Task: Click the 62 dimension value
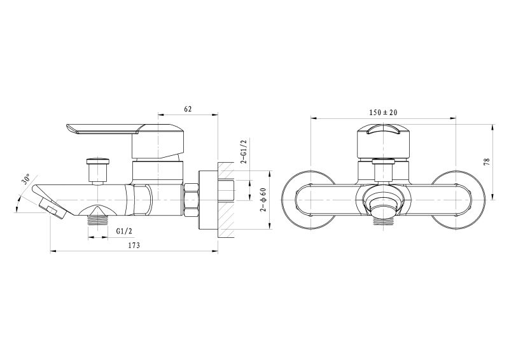188,109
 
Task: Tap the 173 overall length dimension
134,246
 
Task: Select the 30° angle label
26,179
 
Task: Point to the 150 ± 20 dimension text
383,113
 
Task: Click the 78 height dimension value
486,162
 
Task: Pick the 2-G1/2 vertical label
244,151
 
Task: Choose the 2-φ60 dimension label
263,200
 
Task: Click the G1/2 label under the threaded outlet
124,231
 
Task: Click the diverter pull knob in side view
98,170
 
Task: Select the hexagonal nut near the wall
191,200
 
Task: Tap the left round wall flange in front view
309,200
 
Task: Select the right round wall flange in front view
458,200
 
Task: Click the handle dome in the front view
384,142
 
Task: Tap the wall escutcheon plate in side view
207,200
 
